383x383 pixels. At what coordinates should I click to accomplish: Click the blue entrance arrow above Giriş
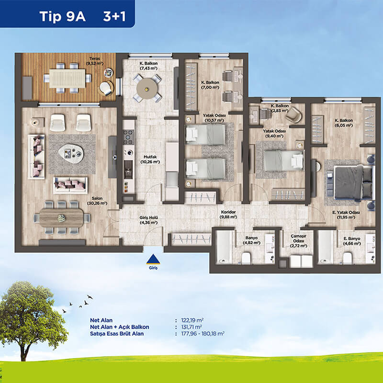coord(153,259)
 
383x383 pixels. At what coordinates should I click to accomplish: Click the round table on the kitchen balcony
coord(146,89)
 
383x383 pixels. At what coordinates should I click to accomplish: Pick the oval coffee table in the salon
coord(71,153)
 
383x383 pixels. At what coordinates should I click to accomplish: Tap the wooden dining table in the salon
coord(61,218)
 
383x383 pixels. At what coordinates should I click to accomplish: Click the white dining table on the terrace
coord(67,79)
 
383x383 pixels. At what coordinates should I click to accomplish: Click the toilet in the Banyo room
coord(246,258)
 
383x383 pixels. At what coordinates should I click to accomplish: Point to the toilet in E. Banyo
coord(347,258)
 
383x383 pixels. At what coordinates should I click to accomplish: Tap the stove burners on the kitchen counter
coord(128,137)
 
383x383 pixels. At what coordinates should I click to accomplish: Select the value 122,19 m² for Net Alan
coord(192,320)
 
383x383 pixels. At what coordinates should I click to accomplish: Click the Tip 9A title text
coord(63,17)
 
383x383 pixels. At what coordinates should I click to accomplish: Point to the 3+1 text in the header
coord(114,17)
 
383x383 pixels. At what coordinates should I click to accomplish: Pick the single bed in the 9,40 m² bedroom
coord(284,160)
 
